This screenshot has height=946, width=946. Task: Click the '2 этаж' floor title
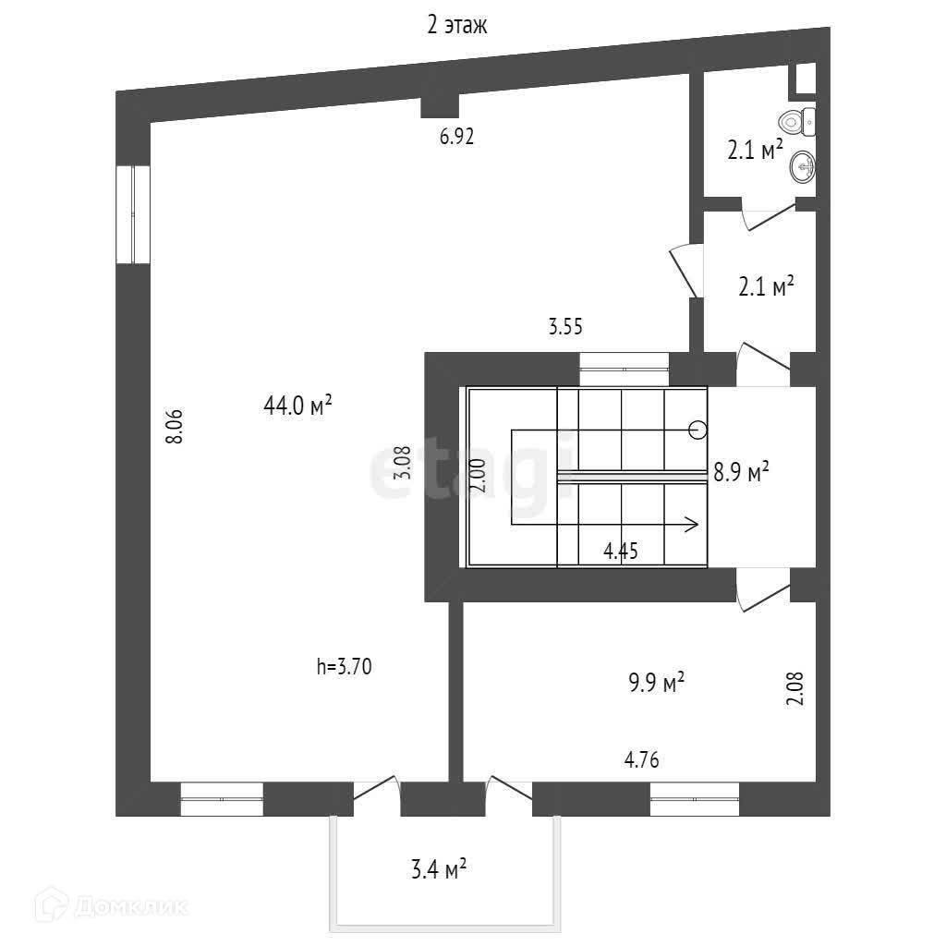(456, 26)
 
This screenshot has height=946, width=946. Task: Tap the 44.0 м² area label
(297, 406)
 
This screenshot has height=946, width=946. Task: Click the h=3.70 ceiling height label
(344, 666)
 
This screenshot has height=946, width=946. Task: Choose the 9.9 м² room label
(656, 684)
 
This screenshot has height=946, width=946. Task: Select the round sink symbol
(802, 167)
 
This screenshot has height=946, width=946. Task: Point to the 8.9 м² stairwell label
(741, 473)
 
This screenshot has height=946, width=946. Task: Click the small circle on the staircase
(697, 429)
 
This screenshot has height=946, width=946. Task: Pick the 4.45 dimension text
(620, 552)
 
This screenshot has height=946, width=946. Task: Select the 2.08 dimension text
(795, 688)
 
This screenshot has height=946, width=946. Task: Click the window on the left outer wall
(133, 214)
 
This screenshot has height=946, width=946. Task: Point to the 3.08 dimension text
(402, 463)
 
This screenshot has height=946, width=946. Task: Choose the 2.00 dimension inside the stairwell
(478, 478)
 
